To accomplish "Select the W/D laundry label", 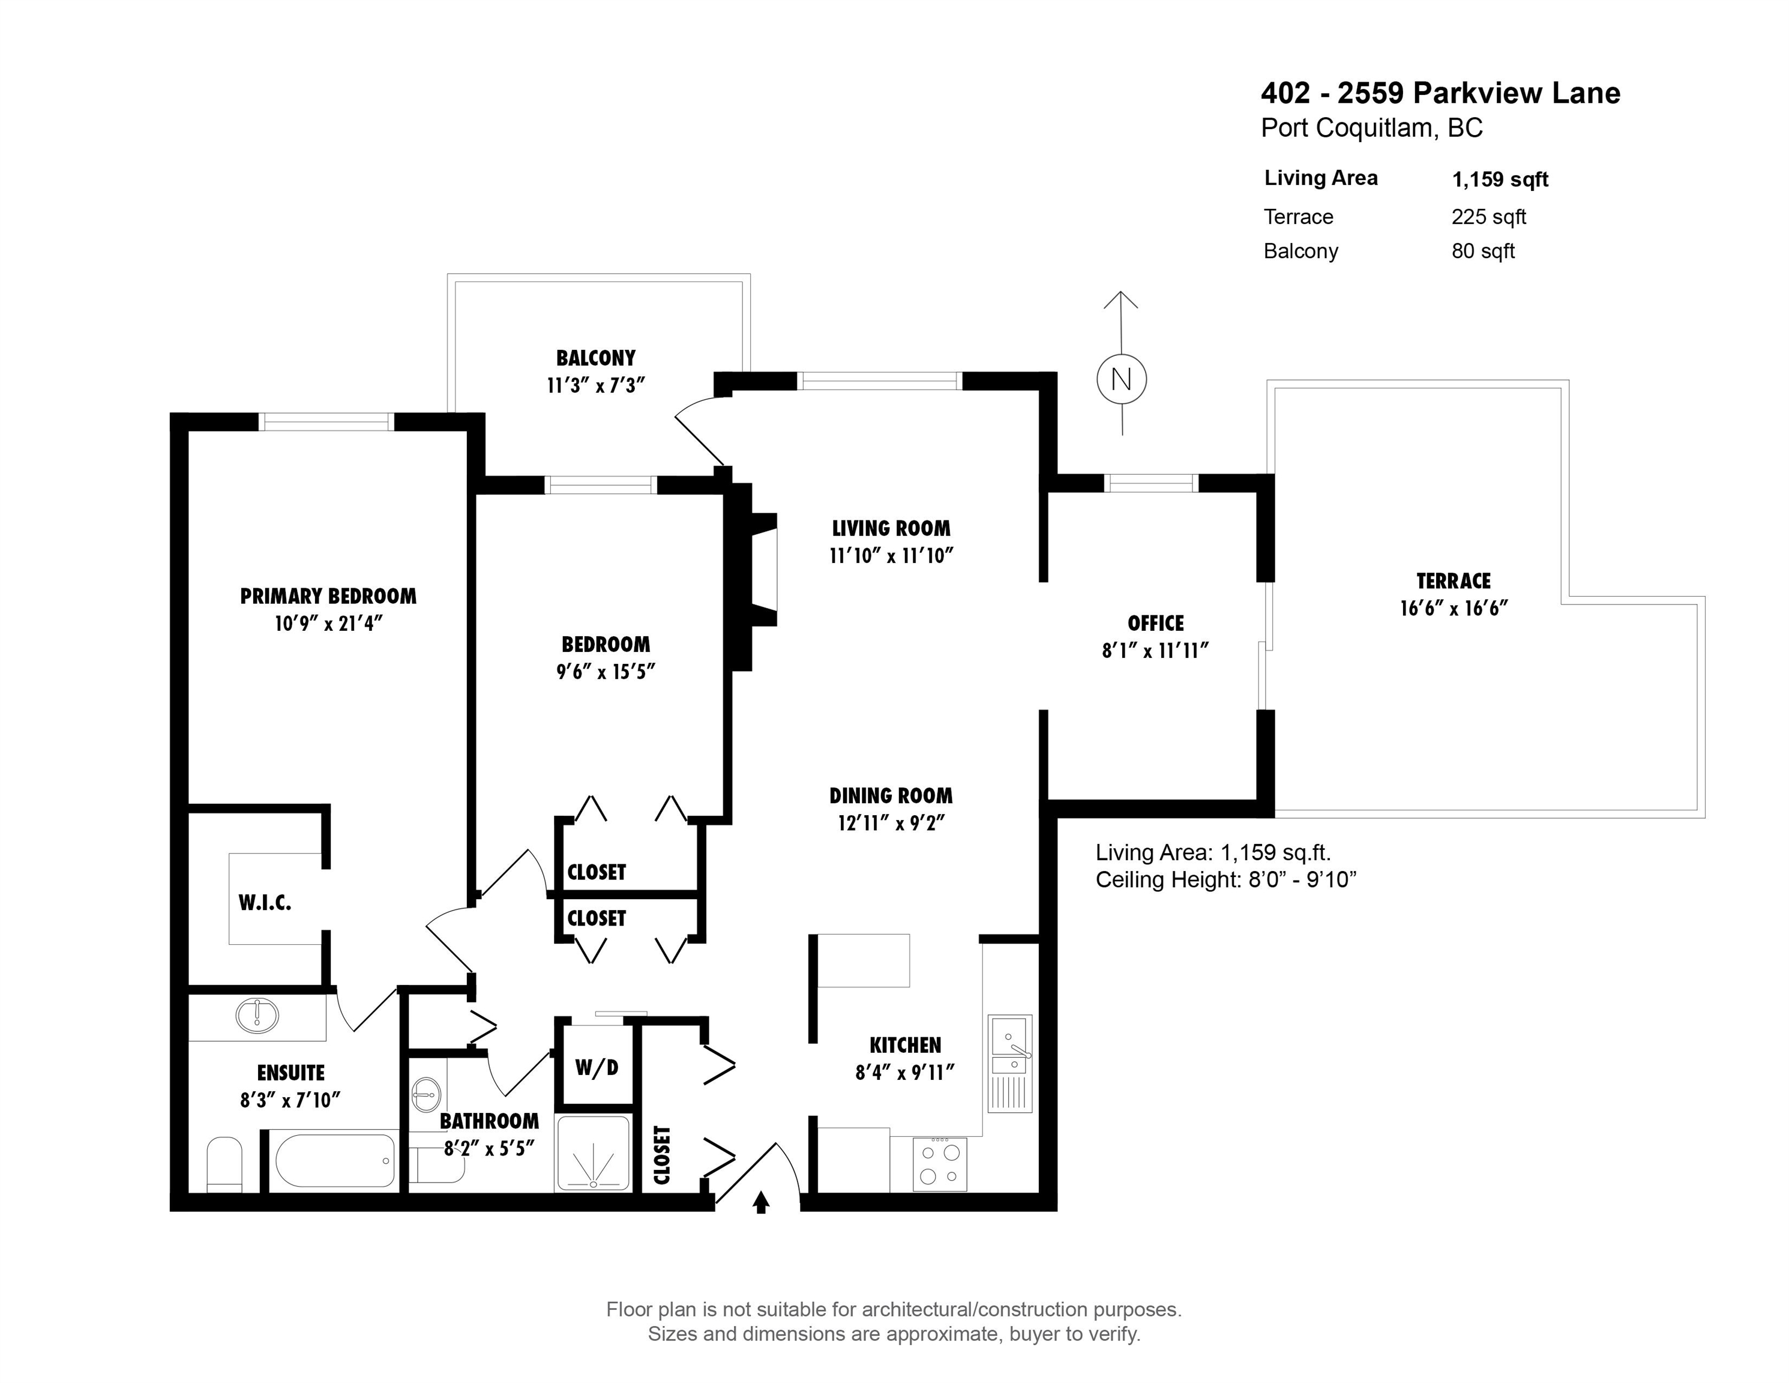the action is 597,1067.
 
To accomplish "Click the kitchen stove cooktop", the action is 940,1163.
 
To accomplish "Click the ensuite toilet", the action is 224,1163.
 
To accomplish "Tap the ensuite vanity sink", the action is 257,1016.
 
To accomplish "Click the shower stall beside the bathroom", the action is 593,1152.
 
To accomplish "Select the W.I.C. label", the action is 265,903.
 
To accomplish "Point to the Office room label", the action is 1155,624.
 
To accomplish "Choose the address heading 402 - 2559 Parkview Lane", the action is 1440,94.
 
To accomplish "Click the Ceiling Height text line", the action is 1226,880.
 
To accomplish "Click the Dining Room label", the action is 891,795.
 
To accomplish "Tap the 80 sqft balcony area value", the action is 1483,251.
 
